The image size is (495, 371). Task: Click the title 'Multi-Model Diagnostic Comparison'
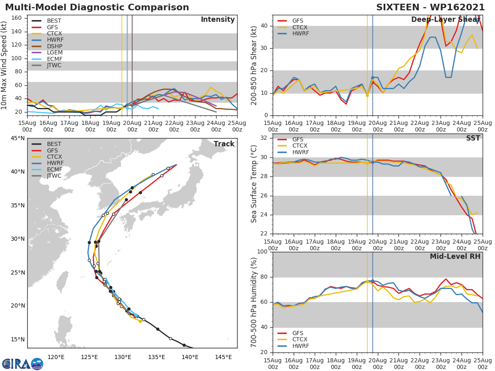coord(97,7)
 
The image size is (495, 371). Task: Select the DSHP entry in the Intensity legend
coord(54,46)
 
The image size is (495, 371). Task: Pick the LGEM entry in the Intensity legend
coord(54,52)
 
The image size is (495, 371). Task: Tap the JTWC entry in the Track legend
coord(54,176)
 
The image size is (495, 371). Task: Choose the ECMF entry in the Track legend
coord(54,169)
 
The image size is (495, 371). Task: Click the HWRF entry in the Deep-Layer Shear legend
coord(300,33)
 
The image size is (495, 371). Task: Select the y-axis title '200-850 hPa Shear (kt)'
coord(254,65)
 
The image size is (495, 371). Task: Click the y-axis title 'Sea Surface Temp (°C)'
coord(254,184)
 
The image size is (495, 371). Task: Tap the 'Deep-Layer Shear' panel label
coord(445,20)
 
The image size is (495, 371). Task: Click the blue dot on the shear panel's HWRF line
coord(372,77)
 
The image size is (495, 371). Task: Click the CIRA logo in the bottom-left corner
coord(23,364)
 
